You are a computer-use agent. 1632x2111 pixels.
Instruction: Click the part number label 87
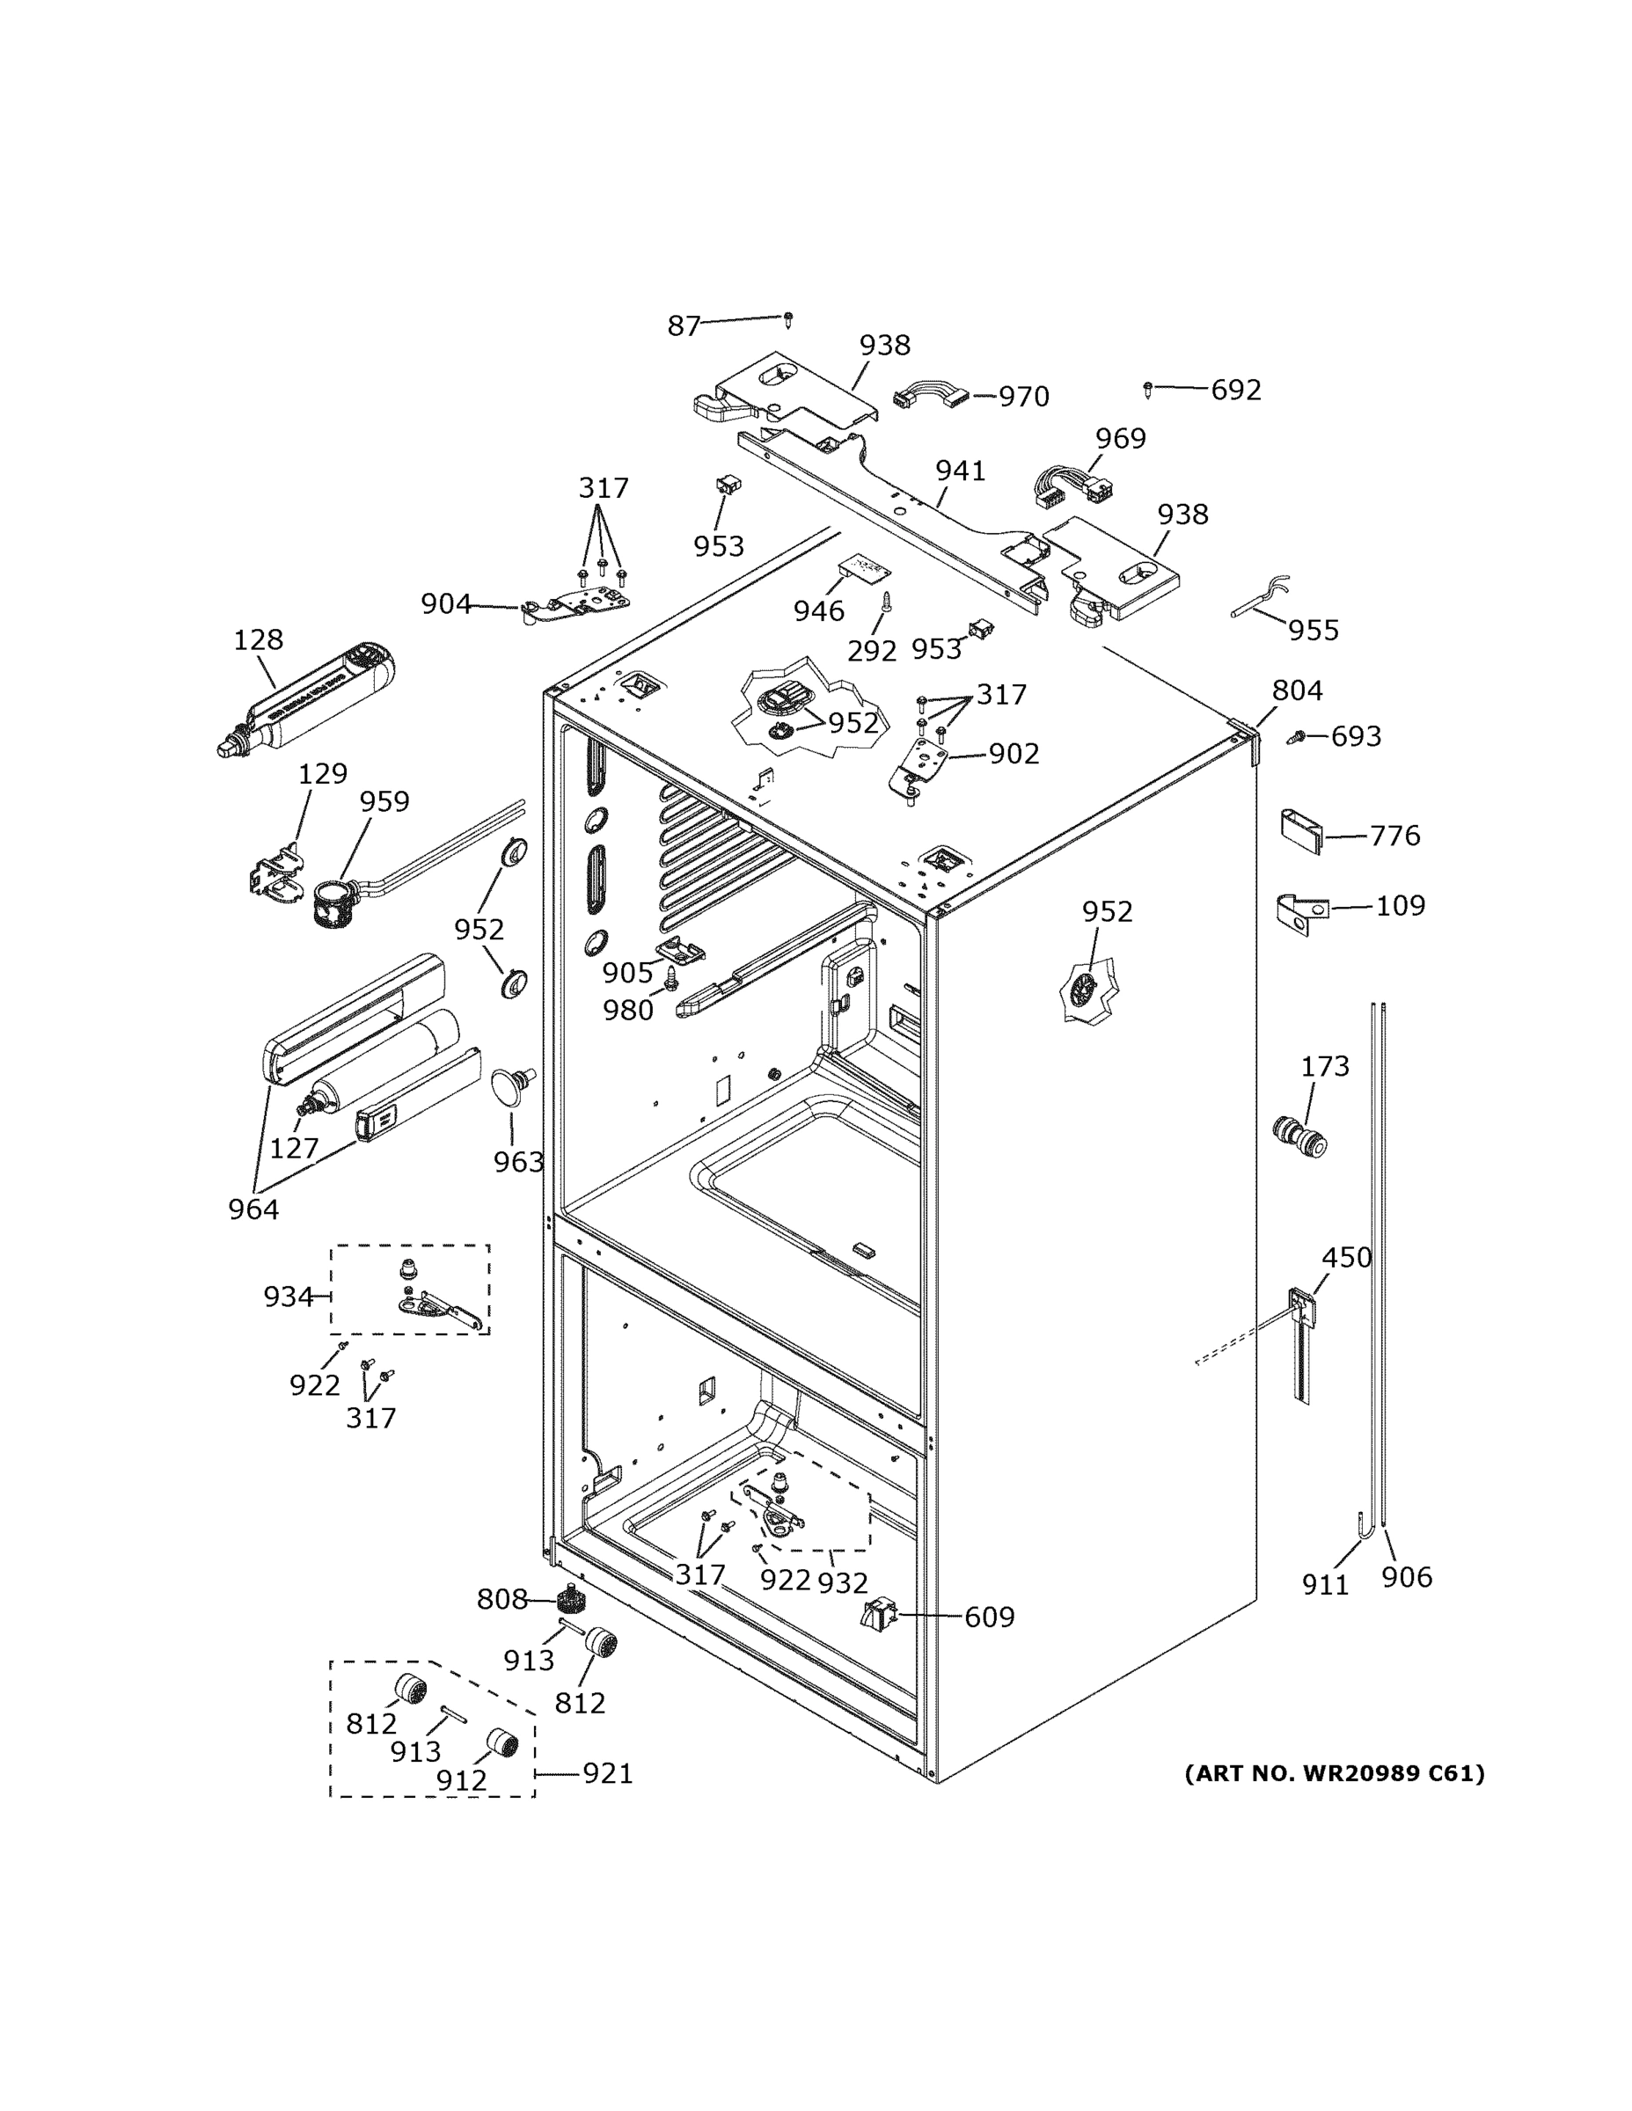coord(683,326)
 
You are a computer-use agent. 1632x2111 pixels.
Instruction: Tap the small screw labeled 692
coord(1147,390)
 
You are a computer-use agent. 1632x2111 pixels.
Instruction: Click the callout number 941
coord(960,471)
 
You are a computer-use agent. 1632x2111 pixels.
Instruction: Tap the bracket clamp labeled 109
coord(1302,911)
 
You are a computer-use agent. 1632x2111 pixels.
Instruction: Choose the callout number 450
coord(1347,1258)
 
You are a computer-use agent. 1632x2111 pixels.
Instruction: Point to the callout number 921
coord(607,1773)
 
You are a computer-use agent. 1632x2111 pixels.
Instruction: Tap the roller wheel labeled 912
coord(501,1742)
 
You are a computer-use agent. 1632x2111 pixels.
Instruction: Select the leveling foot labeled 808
coord(574,1603)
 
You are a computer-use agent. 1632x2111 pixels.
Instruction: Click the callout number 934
coord(289,1297)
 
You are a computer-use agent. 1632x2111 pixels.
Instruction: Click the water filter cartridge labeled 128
coord(305,701)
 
